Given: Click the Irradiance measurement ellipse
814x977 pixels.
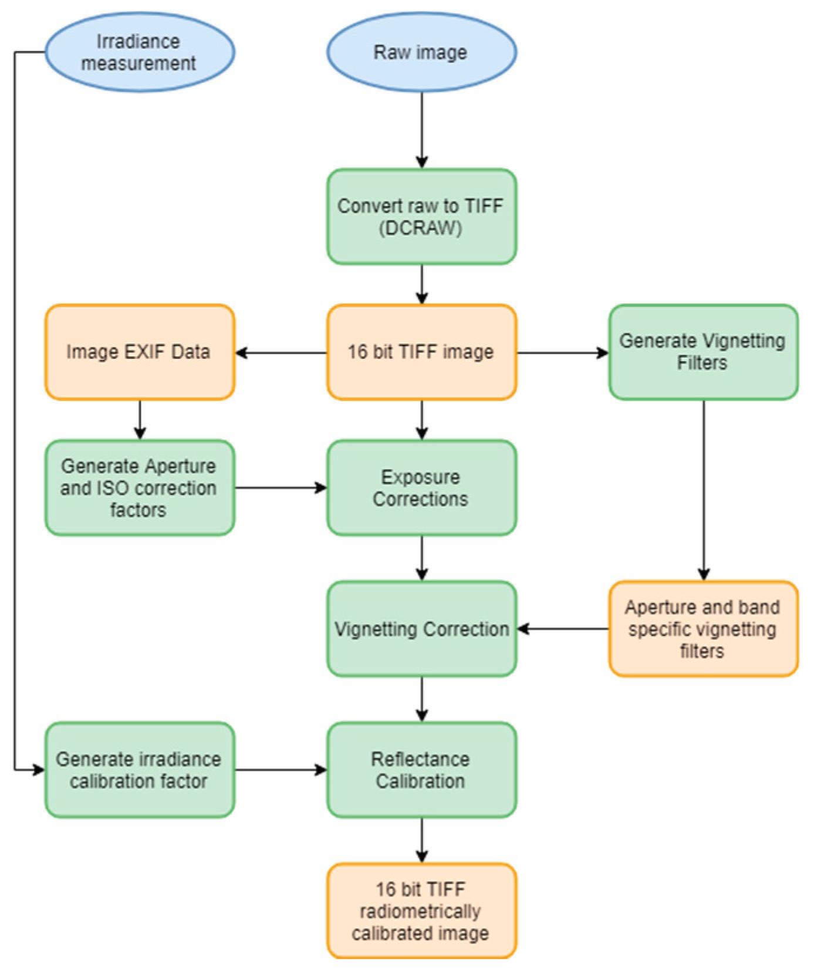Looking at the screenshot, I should pyautogui.click(x=140, y=52).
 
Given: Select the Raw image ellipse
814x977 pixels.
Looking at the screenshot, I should pyautogui.click(x=421, y=52).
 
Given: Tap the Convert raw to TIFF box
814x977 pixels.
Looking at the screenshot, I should pyautogui.click(x=421, y=216).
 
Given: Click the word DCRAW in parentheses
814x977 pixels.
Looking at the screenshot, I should pyautogui.click(x=420, y=228).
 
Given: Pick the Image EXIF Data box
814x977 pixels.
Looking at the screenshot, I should pyautogui.click(x=140, y=352).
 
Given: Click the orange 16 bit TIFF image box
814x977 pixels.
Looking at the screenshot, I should pyautogui.click(x=421, y=352).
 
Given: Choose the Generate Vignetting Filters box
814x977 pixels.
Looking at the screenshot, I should pyautogui.click(x=702, y=352).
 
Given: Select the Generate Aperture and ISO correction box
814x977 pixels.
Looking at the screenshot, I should pyautogui.click(x=140, y=487).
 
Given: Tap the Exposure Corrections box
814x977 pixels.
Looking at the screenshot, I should pyautogui.click(x=421, y=487).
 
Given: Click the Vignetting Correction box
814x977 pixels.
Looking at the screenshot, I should pyautogui.click(x=421, y=629).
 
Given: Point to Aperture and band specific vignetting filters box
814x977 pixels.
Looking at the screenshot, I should pyautogui.click(x=702, y=629).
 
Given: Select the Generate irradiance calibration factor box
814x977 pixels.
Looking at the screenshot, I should pyautogui.click(x=140, y=770).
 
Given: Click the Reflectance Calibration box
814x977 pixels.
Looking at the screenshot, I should pyautogui.click(x=421, y=770).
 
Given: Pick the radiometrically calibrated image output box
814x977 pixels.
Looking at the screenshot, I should pyautogui.click(x=421, y=911).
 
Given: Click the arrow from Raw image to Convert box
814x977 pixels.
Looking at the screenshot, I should pyautogui.click(x=421, y=129).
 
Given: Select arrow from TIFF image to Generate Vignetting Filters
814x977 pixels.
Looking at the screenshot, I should pyautogui.click(x=562, y=353).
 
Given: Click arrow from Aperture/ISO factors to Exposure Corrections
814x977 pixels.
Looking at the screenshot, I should pyautogui.click(x=281, y=487).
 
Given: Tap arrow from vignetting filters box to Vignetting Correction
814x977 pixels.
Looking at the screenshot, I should pyautogui.click(x=563, y=629).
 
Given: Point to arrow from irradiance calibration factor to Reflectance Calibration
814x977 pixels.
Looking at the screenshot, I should pyautogui.click(x=281, y=770).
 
